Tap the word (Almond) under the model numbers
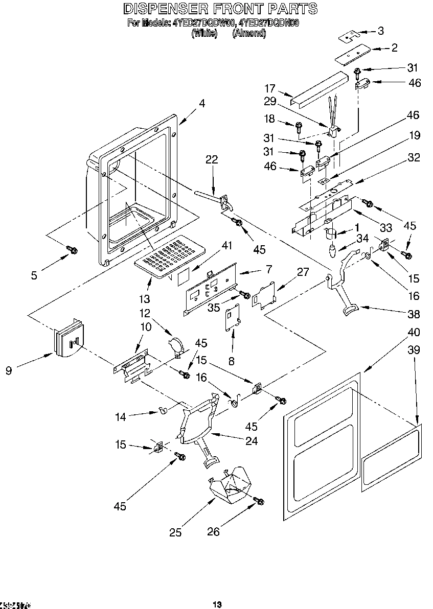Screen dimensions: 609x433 (x=249, y=33)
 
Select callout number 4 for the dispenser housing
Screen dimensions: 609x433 (x=202, y=103)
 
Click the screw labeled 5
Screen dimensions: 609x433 (x=73, y=250)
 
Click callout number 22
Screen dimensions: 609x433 (x=212, y=160)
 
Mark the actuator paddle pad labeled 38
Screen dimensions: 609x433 (x=350, y=309)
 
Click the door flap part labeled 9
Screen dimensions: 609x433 (x=67, y=339)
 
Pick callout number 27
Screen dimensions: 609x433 (x=303, y=272)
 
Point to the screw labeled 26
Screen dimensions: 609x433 (x=259, y=502)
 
